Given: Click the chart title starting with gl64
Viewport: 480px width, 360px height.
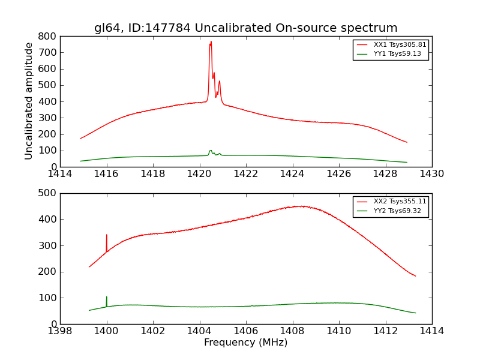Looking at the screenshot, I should pos(245,28).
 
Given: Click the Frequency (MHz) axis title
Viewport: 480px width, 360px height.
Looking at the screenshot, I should pos(245,343).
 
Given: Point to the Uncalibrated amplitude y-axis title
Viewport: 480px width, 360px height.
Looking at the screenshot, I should pos(29,101).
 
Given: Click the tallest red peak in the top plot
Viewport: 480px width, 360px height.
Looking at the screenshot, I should pos(211,42).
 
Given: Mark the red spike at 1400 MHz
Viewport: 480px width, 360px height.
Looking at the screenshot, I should pos(107,235).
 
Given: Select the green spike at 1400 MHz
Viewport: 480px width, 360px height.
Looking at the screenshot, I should pos(107,298).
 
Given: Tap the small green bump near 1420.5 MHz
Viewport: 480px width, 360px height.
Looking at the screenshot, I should pos(211,151).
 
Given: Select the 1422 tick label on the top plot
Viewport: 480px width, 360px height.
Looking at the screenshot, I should pos(245,174).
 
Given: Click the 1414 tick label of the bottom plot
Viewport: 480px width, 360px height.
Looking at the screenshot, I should pos(431,331).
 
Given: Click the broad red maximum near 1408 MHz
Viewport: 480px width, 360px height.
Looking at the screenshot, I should pos(300,206).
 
